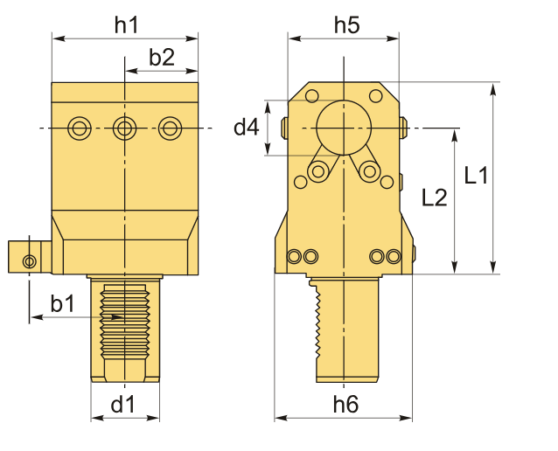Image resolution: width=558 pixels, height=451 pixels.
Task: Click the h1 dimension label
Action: [126, 25]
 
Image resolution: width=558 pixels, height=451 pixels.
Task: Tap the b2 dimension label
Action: [162, 57]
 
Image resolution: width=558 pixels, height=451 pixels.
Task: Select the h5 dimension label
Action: [346, 25]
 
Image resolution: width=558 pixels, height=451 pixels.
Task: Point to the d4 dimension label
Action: [247, 127]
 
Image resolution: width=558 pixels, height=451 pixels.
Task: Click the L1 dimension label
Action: [476, 175]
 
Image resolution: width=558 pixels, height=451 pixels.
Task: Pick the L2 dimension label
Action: [434, 198]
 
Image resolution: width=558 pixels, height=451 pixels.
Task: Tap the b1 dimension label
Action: [63, 304]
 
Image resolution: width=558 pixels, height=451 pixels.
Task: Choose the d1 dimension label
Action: [122, 405]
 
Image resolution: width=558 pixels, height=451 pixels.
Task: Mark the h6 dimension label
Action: [345, 405]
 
